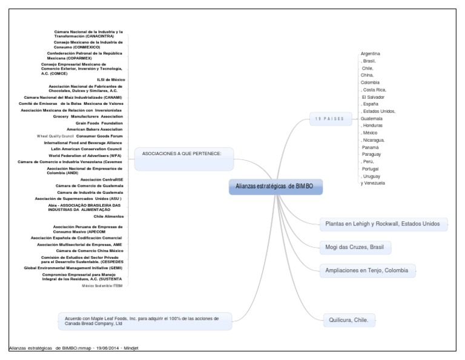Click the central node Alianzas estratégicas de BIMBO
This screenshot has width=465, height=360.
275,187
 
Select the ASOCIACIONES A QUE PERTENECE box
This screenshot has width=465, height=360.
182,153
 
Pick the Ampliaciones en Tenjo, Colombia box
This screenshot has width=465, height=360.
367,270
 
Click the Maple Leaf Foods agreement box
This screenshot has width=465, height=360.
145,321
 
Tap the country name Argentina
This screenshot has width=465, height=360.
371,54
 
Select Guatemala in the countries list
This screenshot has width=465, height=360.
371,119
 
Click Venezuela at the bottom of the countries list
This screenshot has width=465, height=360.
372,183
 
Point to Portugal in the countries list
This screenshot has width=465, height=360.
371,168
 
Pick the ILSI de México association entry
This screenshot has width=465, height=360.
111,79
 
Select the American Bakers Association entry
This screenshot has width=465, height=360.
94,130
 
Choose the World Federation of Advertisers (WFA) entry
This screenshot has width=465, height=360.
85,156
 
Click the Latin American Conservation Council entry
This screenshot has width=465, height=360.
87,149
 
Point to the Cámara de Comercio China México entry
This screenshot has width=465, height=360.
90,251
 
